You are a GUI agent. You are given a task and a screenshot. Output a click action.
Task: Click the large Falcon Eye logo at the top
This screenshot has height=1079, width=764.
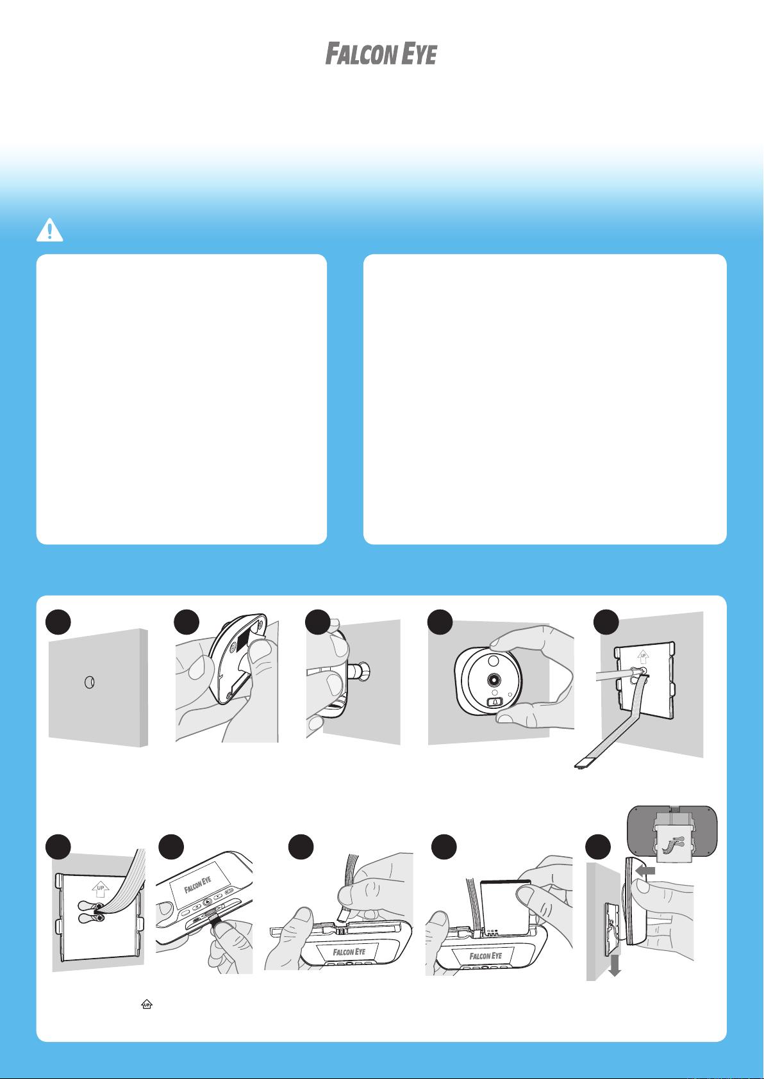click(x=381, y=53)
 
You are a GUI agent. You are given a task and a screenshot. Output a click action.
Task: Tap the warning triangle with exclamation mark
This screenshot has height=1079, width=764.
click(x=49, y=230)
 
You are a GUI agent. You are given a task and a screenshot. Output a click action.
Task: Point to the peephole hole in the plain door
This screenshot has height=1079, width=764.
click(x=89, y=683)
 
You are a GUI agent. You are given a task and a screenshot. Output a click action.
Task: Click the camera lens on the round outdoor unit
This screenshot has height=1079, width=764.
click(x=494, y=679)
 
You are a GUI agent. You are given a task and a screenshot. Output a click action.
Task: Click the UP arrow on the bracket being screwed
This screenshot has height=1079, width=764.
click(x=643, y=656)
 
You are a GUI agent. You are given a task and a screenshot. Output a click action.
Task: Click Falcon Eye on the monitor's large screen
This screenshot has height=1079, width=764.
click(x=197, y=884)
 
